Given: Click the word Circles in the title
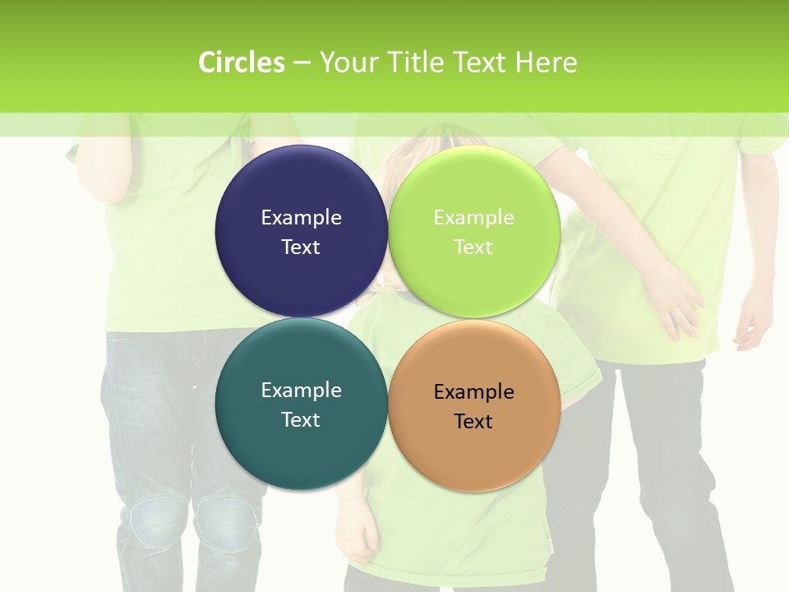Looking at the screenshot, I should (x=241, y=62).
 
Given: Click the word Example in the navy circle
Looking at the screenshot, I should (x=301, y=217).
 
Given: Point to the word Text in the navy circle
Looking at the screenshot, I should (x=301, y=247).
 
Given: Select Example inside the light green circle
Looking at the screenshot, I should (x=473, y=217).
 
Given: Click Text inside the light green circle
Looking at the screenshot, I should (x=473, y=247).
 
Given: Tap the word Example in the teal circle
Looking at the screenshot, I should (x=301, y=390).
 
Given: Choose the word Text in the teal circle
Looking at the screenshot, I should (x=301, y=419).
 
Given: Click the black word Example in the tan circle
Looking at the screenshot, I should (x=473, y=391).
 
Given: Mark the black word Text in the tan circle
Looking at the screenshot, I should (x=473, y=421).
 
